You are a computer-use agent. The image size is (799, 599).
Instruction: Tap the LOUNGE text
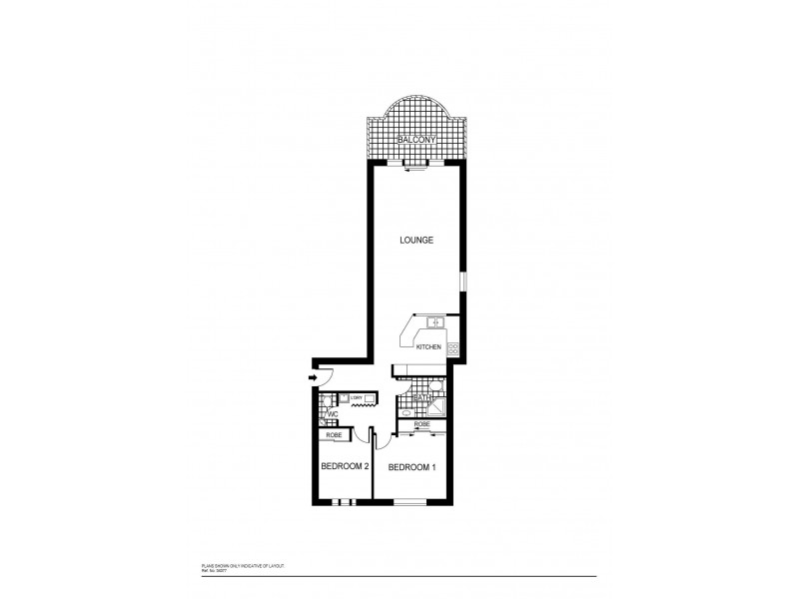coord(415,240)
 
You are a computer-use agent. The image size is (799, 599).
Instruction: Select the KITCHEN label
coord(428,346)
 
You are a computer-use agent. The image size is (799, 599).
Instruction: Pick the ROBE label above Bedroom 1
coord(421,425)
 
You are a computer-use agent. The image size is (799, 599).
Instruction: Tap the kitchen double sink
coord(434,321)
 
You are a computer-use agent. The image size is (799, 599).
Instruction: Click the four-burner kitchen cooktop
coord(452,348)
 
